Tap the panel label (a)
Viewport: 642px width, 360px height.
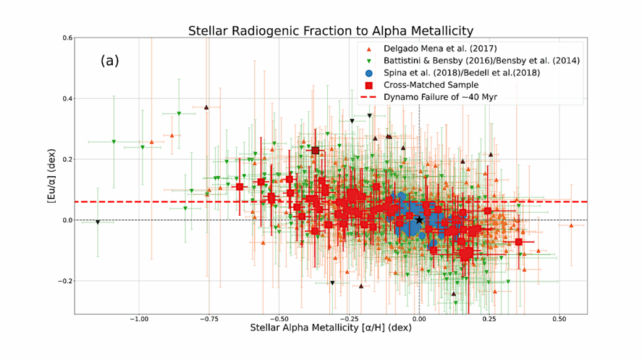109,61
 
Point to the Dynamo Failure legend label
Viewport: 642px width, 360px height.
436,97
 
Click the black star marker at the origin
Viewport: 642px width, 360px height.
419,220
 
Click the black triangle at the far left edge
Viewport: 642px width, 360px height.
98,222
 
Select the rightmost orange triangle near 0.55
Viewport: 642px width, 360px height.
571,225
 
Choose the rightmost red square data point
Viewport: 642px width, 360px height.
518,241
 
